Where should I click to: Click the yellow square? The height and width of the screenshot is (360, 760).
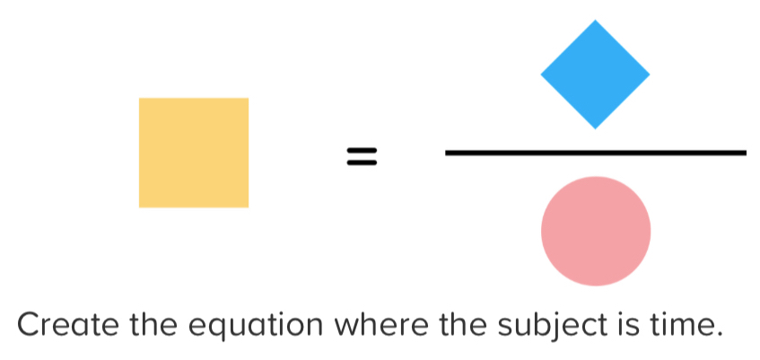[194, 153]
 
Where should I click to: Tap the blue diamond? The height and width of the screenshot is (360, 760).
[595, 74]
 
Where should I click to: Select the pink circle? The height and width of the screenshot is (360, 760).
[596, 231]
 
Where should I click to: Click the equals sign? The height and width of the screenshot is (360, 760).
[362, 158]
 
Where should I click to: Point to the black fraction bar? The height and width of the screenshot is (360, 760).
[595, 153]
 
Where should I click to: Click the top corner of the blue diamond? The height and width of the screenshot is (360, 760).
[595, 20]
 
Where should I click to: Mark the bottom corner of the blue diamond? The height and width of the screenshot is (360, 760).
[595, 128]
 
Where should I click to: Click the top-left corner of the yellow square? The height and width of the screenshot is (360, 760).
[140, 99]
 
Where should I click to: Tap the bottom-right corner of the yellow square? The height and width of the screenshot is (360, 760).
[248, 206]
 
